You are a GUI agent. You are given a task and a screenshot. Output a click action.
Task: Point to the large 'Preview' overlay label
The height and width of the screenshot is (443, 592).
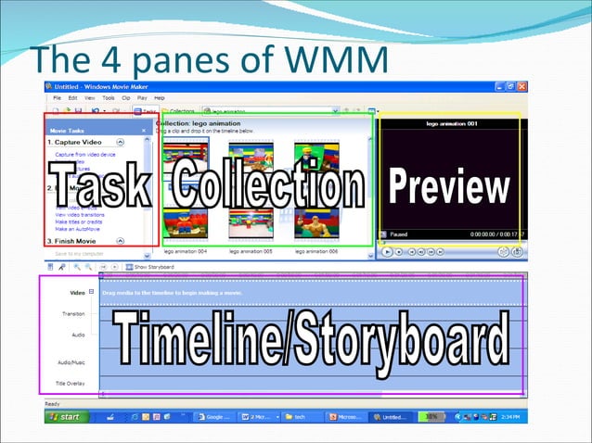(449, 186)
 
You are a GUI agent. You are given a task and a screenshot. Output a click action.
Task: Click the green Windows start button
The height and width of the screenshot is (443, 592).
(62, 417)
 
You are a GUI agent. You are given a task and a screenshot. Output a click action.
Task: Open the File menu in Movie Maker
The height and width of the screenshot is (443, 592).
(58, 97)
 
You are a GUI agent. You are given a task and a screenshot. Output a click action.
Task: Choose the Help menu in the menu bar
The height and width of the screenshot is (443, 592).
(160, 97)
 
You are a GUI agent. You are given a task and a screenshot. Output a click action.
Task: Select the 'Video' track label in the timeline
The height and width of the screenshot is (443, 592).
(77, 293)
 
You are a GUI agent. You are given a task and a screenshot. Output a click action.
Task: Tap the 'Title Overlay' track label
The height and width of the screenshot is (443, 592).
(70, 383)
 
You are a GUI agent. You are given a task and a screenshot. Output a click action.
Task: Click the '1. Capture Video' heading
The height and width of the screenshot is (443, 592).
(77, 143)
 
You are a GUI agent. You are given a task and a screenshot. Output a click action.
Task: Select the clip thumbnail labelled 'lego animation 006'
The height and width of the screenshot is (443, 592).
(315, 223)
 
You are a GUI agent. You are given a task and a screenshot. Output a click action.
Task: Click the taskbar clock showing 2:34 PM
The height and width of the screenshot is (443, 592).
(509, 417)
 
